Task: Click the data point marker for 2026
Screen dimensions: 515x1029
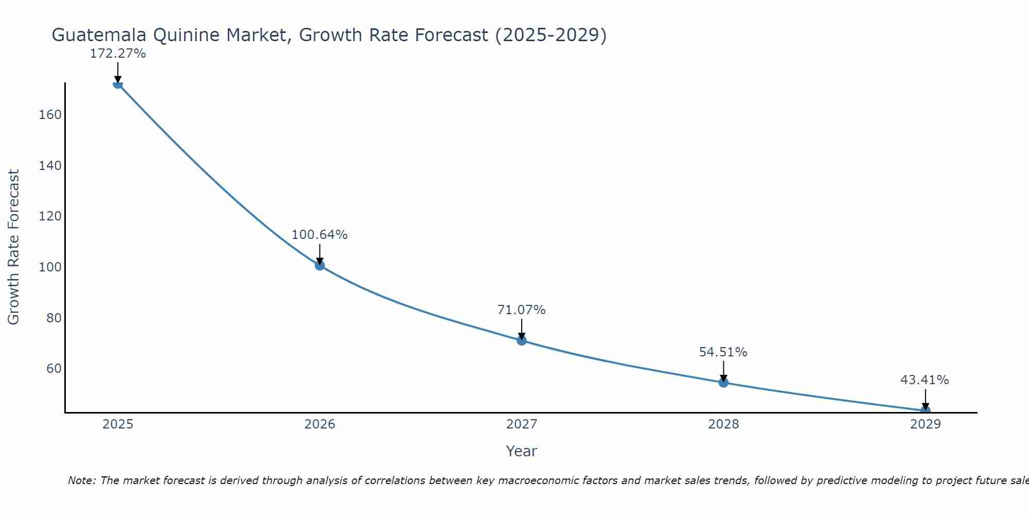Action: coord(320,265)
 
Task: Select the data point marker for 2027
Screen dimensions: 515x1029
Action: coord(522,340)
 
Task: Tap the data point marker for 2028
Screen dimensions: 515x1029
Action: coord(723,382)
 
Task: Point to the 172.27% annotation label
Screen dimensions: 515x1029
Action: coord(118,54)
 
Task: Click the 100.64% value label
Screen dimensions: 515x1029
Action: coord(320,235)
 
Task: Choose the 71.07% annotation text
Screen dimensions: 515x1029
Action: coord(521,310)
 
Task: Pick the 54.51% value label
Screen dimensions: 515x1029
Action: coord(723,352)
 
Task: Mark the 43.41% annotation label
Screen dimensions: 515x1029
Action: coord(925,380)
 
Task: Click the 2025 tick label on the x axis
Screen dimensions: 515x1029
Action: coord(118,424)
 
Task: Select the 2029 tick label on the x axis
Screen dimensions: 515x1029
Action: coord(925,424)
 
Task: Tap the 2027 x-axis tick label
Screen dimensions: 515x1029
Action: coord(522,424)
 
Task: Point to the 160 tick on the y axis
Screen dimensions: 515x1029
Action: coord(50,115)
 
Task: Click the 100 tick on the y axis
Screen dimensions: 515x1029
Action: coord(50,267)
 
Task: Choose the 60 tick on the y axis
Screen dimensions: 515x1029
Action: coord(54,369)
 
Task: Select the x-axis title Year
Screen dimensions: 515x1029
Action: coord(521,451)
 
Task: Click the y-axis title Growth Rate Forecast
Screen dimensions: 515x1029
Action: coord(14,247)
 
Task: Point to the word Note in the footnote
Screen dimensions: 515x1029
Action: coord(81,480)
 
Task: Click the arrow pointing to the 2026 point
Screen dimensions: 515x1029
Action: coord(320,253)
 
